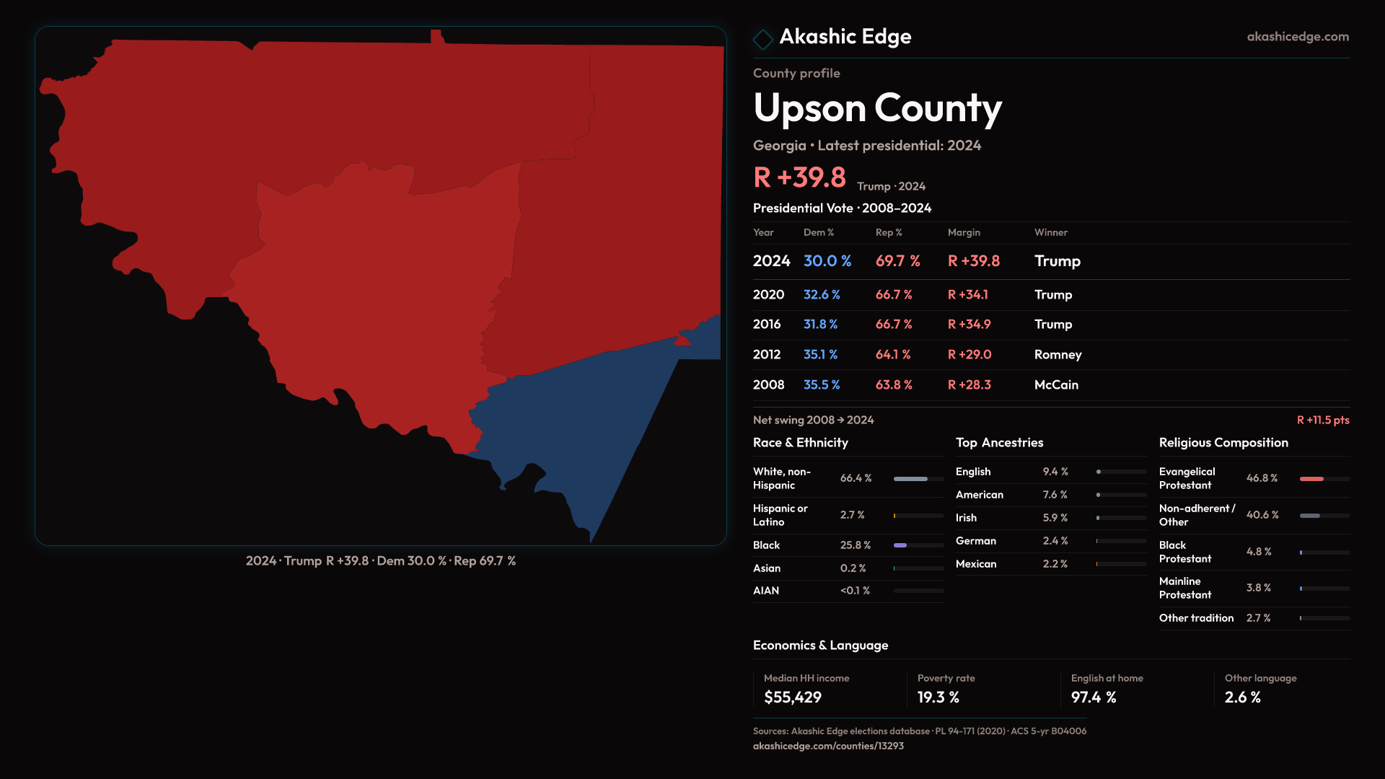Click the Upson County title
click(x=877, y=108)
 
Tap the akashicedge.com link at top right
click(x=1298, y=36)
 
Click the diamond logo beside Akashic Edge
click(x=762, y=39)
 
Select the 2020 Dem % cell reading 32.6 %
click(x=822, y=294)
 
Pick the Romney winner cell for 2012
click(x=1058, y=354)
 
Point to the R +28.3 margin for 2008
click(x=969, y=384)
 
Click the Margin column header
click(x=964, y=232)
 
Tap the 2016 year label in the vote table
click(x=766, y=324)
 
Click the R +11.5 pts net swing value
click(x=1322, y=420)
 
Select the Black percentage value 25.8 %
click(x=855, y=545)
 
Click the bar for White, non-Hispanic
click(x=910, y=479)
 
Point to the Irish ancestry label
click(x=966, y=518)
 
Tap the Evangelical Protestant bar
click(x=1311, y=479)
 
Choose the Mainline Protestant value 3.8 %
click(x=1259, y=588)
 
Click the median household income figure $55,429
click(x=792, y=697)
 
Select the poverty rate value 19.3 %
click(x=938, y=697)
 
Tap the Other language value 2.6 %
click(x=1242, y=697)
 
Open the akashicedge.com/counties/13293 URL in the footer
click(x=828, y=746)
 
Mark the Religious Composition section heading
click(x=1223, y=443)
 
